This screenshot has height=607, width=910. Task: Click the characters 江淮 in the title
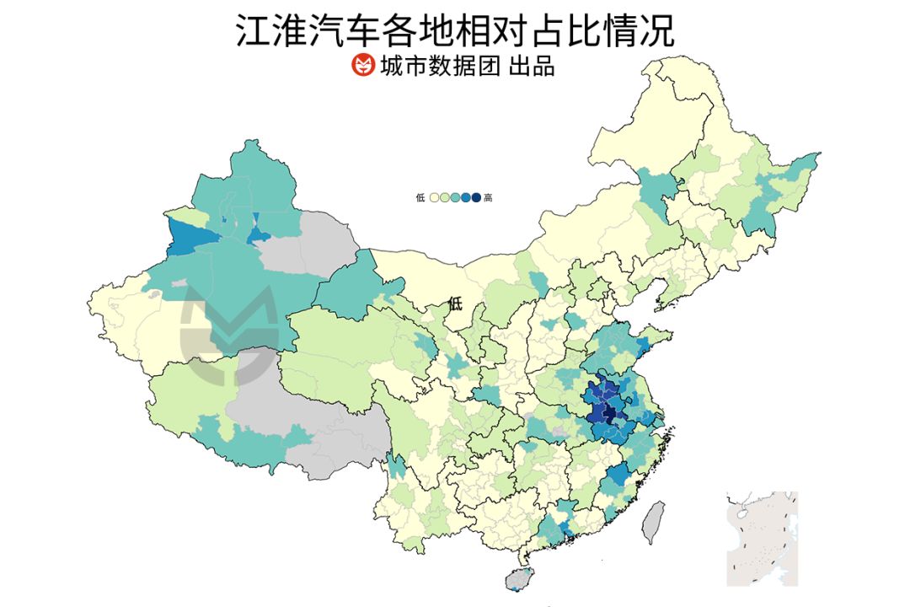(x=262, y=30)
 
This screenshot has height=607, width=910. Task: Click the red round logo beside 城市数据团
(x=362, y=65)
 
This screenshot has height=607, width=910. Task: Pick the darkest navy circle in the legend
(x=476, y=198)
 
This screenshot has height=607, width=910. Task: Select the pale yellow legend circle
(x=435, y=198)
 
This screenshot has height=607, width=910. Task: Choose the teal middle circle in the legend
(x=455, y=198)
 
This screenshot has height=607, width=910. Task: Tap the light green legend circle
(x=445, y=198)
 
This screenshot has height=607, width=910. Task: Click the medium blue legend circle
(x=466, y=198)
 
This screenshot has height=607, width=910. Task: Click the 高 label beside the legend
(x=489, y=198)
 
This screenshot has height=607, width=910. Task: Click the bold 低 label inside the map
(x=456, y=303)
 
